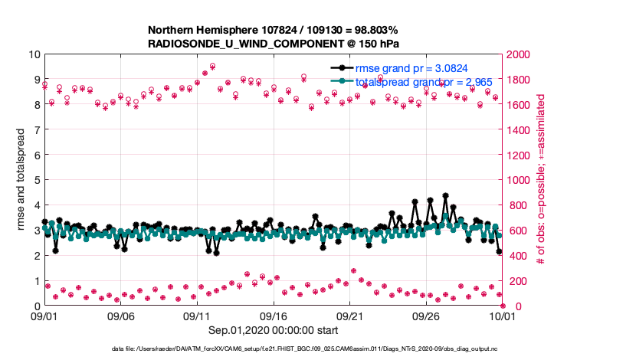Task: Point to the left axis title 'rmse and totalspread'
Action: click(x=22, y=181)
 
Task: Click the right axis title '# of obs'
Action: click(x=541, y=181)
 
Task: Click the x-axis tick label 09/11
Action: click(x=197, y=316)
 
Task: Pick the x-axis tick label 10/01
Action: click(x=502, y=316)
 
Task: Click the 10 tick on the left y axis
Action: click(x=34, y=54)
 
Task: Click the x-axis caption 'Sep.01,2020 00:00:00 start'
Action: click(x=273, y=330)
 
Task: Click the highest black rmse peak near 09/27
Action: click(x=446, y=196)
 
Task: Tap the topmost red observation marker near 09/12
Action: click(x=212, y=66)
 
